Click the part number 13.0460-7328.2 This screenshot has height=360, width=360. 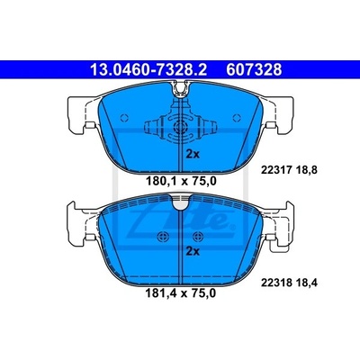click(x=148, y=69)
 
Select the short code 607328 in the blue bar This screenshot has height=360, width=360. click(x=254, y=69)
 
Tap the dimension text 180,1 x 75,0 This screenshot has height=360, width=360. click(x=181, y=181)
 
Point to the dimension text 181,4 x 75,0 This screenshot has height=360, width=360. click(x=181, y=293)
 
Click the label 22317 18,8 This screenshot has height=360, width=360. click(x=289, y=170)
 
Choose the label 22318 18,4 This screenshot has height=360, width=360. click(x=289, y=283)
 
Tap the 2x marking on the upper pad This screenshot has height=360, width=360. click(x=193, y=154)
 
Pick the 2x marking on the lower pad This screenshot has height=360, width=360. click(x=193, y=251)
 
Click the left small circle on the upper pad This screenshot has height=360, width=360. click(x=124, y=118)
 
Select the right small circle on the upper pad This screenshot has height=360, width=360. click(x=237, y=118)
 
